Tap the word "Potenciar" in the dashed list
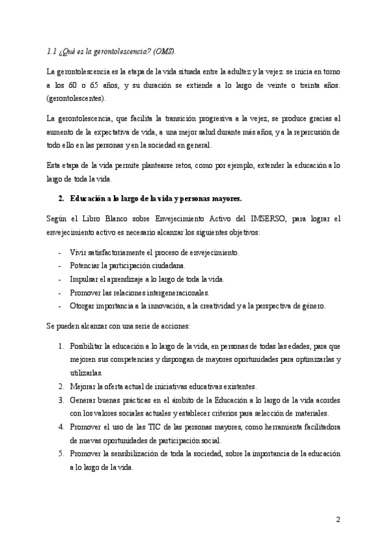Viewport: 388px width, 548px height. click(x=87, y=266)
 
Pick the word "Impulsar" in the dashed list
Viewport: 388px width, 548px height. click(x=85, y=279)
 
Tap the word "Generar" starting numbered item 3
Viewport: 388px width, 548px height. click(x=85, y=400)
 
